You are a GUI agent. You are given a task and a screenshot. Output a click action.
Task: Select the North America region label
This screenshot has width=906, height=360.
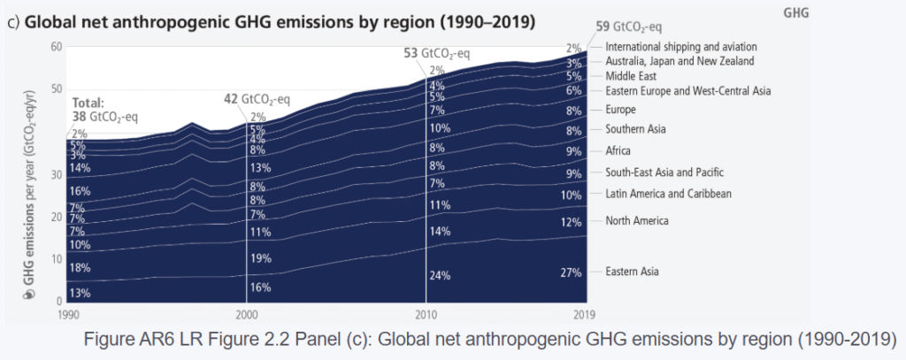pos(636,220)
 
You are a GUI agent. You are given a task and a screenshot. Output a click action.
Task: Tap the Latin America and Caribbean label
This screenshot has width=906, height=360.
pos(669,193)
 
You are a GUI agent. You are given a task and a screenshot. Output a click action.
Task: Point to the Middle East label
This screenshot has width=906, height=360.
pos(631,76)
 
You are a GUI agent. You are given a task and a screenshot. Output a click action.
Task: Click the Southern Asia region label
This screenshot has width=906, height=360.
pos(635,129)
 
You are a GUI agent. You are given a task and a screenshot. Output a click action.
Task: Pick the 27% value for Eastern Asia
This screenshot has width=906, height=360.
pos(570,272)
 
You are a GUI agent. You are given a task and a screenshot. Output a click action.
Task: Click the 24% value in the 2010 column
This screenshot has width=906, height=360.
pos(441,275)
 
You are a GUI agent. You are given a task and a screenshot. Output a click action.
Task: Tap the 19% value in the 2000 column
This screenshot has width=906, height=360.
pos(261,258)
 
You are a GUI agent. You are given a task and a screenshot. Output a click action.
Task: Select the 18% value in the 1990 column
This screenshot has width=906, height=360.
pos(80,268)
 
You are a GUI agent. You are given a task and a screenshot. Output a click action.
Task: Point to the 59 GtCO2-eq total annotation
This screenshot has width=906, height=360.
pos(610,27)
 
